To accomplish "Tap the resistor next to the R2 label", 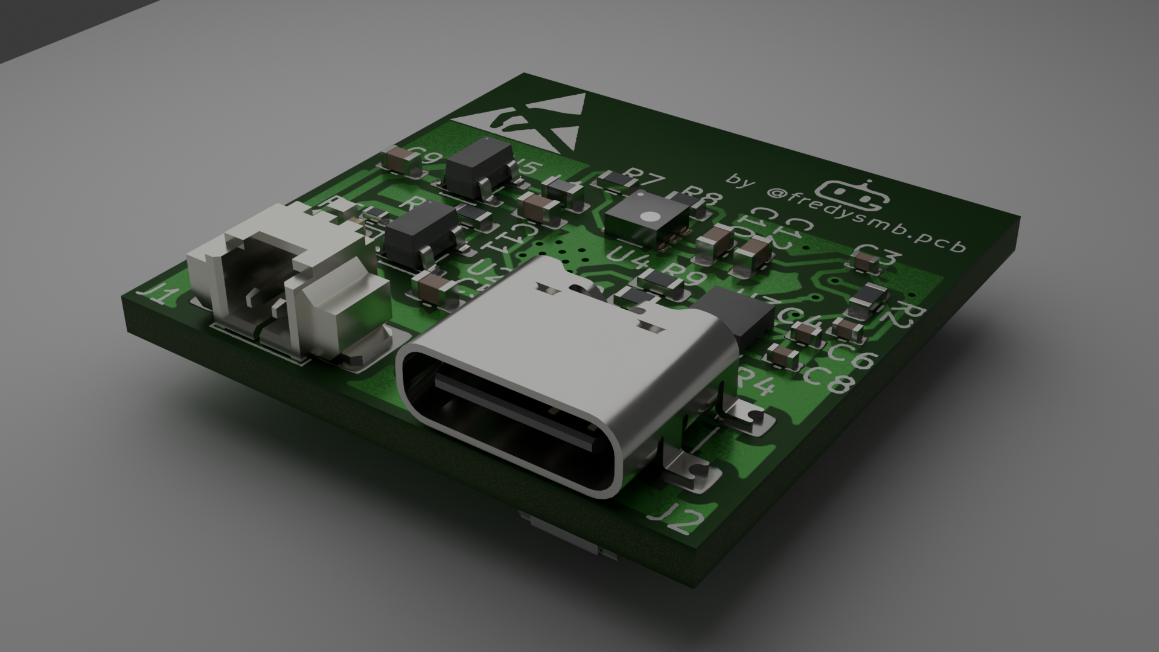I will click(866, 298).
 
